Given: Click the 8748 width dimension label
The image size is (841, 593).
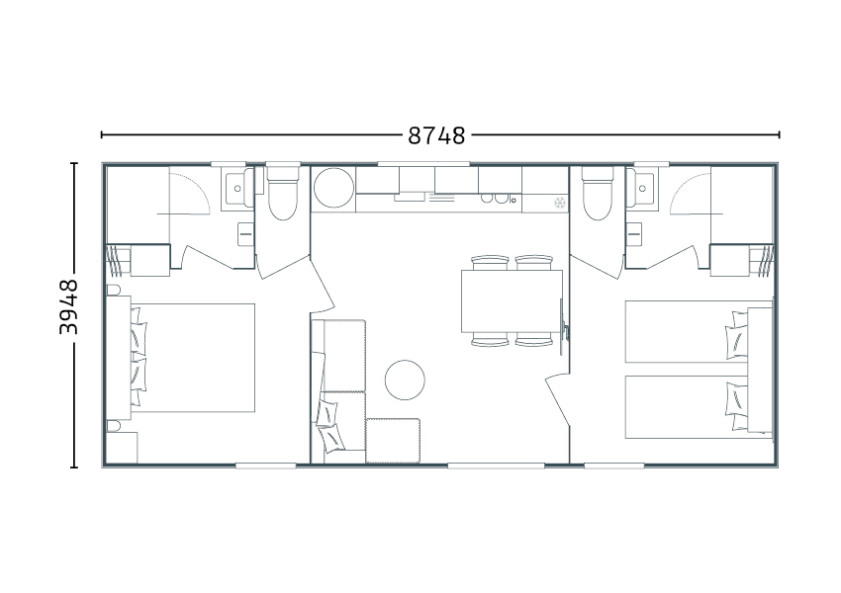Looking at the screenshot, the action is [x=436, y=136].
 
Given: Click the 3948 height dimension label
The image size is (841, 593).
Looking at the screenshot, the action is [x=68, y=307].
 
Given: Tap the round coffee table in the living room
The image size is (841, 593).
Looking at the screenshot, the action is [x=405, y=380].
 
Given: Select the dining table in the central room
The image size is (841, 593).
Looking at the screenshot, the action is [x=512, y=301].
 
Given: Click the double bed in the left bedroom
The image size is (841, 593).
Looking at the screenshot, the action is [x=193, y=358].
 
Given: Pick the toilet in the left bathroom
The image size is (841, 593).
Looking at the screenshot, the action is [x=283, y=193].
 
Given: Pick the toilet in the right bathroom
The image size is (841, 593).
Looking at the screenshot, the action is [x=598, y=193].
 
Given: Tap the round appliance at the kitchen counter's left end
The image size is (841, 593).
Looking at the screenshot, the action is [x=333, y=188].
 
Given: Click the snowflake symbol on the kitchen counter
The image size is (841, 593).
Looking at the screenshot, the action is [x=560, y=203].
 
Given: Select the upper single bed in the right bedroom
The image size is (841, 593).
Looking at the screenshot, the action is [x=687, y=332].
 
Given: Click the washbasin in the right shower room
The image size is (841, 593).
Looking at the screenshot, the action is [x=640, y=188].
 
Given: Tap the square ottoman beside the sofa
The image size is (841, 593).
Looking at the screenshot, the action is [x=393, y=441].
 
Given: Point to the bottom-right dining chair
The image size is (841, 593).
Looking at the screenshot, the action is [x=534, y=340].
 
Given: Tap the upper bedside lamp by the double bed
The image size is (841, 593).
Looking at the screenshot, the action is [x=113, y=290].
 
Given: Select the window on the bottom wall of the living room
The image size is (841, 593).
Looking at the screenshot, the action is [x=496, y=466].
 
